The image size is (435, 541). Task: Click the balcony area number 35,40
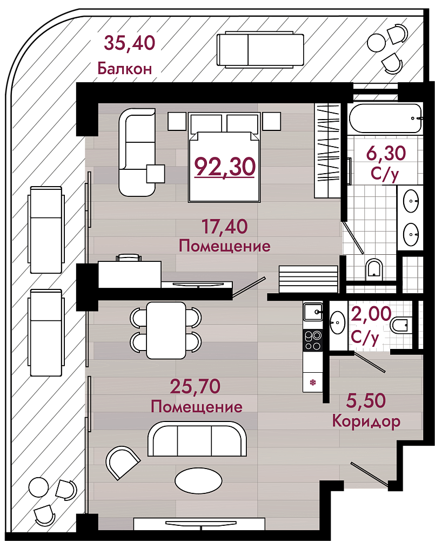point(130,43)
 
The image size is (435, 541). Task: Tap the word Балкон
point(124,69)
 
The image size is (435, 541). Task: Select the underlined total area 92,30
point(225,166)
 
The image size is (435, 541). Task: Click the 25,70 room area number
point(196,386)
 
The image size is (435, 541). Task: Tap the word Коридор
point(366,421)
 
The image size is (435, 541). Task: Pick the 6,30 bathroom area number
point(386,153)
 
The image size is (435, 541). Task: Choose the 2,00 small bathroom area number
point(371,314)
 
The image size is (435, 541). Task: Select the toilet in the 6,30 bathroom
point(374,269)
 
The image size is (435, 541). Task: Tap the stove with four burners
point(313,340)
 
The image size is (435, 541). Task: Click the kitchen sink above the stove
point(313,312)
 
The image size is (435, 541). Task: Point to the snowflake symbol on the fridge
point(313,382)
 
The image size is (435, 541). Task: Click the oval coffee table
point(198,480)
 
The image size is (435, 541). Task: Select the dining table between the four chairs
point(166,331)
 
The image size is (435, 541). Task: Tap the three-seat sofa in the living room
point(197,438)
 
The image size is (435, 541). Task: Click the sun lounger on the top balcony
point(260,49)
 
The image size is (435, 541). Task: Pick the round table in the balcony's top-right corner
point(377,43)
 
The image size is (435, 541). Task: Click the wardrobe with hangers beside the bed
point(327,151)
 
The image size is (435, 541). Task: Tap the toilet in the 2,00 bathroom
point(400,324)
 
